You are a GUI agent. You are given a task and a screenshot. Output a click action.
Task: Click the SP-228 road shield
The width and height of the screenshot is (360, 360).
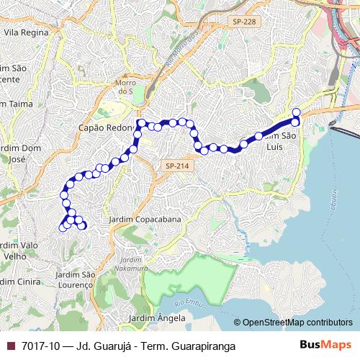pyautogui.click(x=244, y=23)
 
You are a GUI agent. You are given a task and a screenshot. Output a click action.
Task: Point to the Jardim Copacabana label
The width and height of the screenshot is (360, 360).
pyautogui.click(x=144, y=219)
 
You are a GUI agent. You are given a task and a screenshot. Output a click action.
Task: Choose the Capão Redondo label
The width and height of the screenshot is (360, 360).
pyautogui.click(x=107, y=127)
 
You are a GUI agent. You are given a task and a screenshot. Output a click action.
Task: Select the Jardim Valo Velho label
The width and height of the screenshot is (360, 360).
pyautogui.click(x=19, y=250)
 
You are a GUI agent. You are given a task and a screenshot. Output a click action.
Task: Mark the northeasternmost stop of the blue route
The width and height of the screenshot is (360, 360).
pyautogui.click(x=296, y=112)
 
